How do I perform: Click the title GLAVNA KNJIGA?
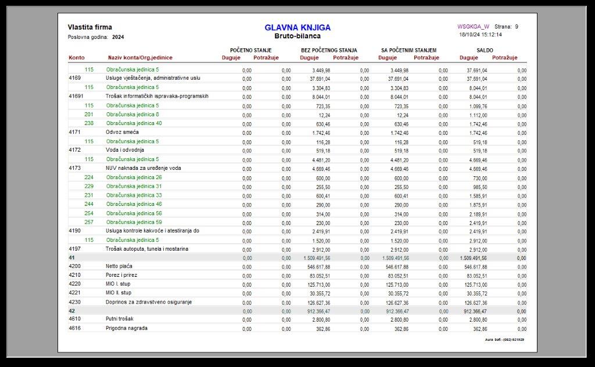(297, 27)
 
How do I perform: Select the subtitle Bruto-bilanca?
(297, 36)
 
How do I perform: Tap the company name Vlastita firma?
(89, 27)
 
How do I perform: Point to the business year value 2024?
(118, 37)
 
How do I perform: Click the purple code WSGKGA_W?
(473, 27)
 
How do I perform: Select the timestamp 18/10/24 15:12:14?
(480, 35)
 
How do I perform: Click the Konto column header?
(77, 58)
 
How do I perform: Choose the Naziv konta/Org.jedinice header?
(140, 58)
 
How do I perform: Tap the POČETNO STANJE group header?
(250, 51)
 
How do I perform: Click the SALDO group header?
(485, 51)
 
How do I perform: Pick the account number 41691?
(76, 96)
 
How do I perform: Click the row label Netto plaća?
(119, 266)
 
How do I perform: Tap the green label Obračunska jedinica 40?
(134, 123)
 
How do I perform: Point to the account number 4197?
(74, 249)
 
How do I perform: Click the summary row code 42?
(71, 311)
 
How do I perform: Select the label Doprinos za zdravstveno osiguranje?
(148, 302)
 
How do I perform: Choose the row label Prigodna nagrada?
(126, 328)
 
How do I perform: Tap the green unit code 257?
(89, 222)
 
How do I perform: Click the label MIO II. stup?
(119, 293)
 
